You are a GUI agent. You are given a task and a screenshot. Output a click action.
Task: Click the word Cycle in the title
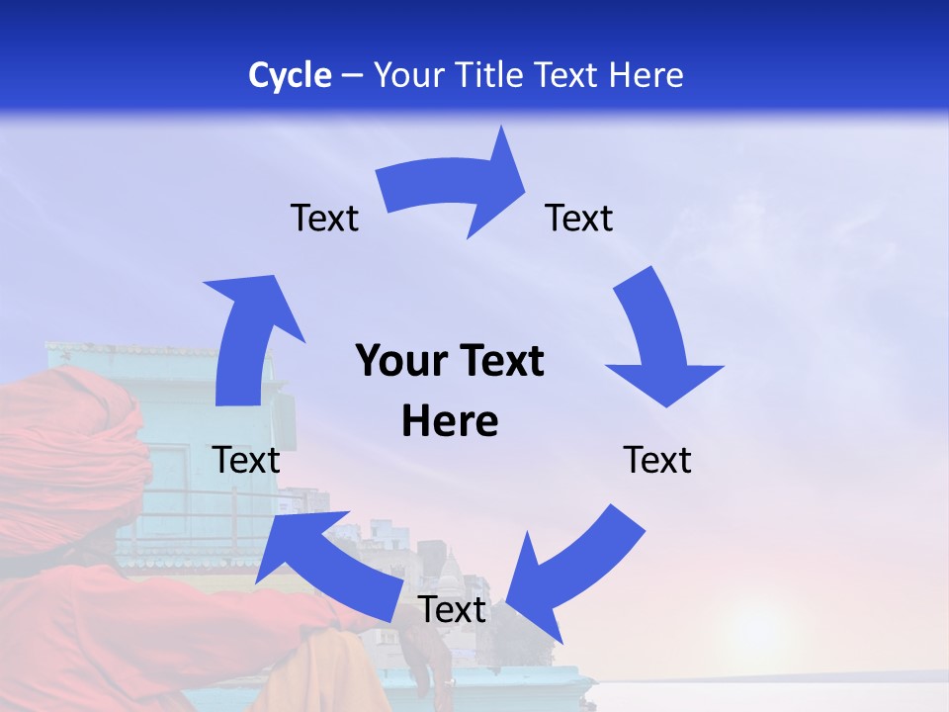click(290, 75)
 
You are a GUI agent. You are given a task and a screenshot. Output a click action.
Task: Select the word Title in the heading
click(493, 75)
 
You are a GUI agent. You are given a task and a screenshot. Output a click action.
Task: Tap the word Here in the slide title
click(645, 75)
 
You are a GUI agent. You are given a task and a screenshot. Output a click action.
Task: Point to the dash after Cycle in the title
click(352, 76)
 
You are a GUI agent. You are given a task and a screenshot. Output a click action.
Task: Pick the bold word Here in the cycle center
click(450, 421)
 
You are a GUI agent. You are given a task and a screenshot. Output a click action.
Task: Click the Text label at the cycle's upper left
click(324, 219)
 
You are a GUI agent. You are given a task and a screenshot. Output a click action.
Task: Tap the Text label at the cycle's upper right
click(579, 219)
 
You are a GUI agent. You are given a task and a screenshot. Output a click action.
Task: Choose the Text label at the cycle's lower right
click(657, 460)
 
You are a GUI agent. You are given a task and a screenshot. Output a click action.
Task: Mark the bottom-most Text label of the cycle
click(452, 610)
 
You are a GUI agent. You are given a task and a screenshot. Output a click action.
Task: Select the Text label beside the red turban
click(246, 460)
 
